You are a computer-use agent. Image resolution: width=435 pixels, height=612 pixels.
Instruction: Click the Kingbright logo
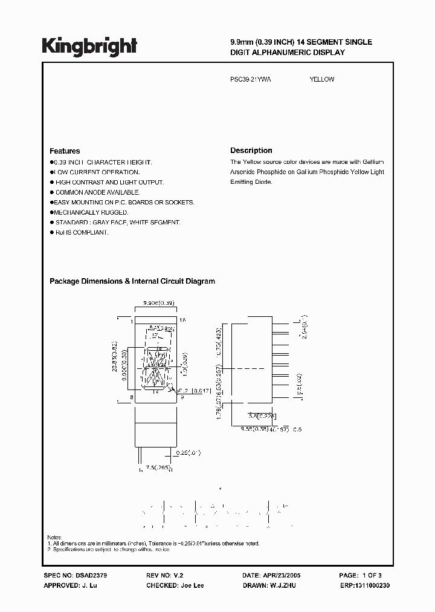tap(89, 46)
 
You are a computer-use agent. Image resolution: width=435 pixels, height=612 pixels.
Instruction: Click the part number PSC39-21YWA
tap(251, 79)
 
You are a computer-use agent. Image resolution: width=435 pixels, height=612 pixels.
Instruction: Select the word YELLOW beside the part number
tap(321, 79)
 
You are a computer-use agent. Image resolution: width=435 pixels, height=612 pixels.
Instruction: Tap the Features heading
tap(65, 151)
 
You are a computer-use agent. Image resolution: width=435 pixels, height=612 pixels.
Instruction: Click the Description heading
tap(251, 151)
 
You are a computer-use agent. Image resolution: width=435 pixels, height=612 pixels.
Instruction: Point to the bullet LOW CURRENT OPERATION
tap(88, 172)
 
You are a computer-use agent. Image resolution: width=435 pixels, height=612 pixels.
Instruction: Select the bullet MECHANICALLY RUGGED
tap(91, 212)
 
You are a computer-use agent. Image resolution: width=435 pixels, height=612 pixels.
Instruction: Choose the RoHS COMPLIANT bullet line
tap(81, 232)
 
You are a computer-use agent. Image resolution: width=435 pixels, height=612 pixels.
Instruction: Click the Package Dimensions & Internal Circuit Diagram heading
tap(132, 281)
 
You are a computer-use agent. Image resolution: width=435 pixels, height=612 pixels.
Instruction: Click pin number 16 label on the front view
tap(183, 319)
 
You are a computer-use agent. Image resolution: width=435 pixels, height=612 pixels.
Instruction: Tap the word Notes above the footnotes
tap(54, 537)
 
